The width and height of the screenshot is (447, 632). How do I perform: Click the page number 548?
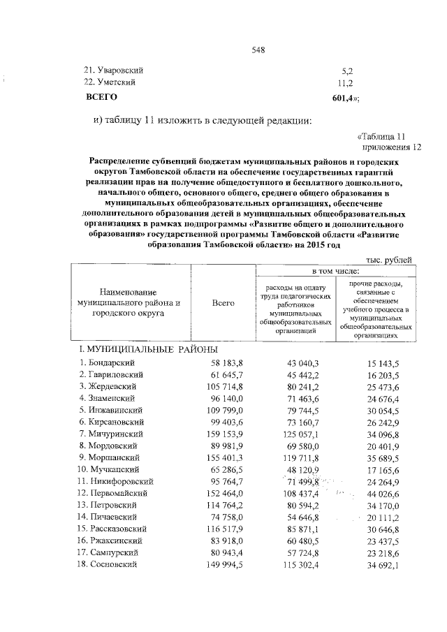click(258, 50)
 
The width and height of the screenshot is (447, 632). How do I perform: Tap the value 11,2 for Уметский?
click(347, 82)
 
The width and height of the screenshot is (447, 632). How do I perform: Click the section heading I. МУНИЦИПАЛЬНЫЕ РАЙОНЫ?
click(148, 349)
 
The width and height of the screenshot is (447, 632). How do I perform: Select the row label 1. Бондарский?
click(107, 363)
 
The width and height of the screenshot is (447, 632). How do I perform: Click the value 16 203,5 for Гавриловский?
click(382, 374)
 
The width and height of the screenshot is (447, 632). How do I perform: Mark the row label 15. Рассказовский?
click(116, 530)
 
